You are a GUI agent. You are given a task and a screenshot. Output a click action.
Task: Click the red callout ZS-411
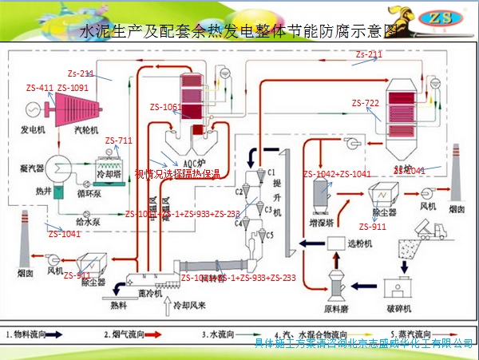click(x=40, y=88)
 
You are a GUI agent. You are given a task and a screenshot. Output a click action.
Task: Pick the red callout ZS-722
click(x=365, y=104)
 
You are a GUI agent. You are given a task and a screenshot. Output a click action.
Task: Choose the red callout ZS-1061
click(x=165, y=106)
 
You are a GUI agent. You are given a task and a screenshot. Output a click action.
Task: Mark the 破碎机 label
click(x=397, y=308)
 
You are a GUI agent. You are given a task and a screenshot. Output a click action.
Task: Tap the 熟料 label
click(x=118, y=304)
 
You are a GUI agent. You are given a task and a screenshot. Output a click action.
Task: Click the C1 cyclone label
click(x=271, y=172)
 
